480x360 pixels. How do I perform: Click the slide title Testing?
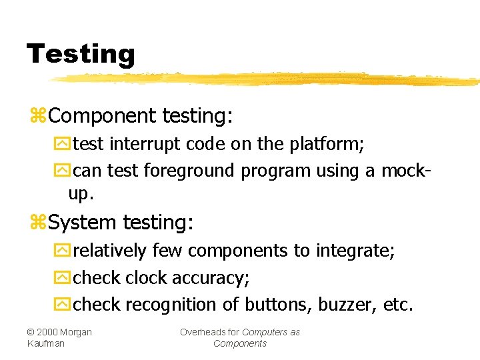tap(81, 53)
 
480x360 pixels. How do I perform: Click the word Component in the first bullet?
tap(102, 116)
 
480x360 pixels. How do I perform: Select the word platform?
tap(329, 144)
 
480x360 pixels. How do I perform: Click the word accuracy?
tap(211, 277)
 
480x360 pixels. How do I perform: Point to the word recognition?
tap(172, 305)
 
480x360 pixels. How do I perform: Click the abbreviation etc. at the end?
tap(398, 305)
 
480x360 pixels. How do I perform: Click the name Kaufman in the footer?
tap(46, 343)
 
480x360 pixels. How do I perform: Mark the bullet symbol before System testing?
tap(39, 223)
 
